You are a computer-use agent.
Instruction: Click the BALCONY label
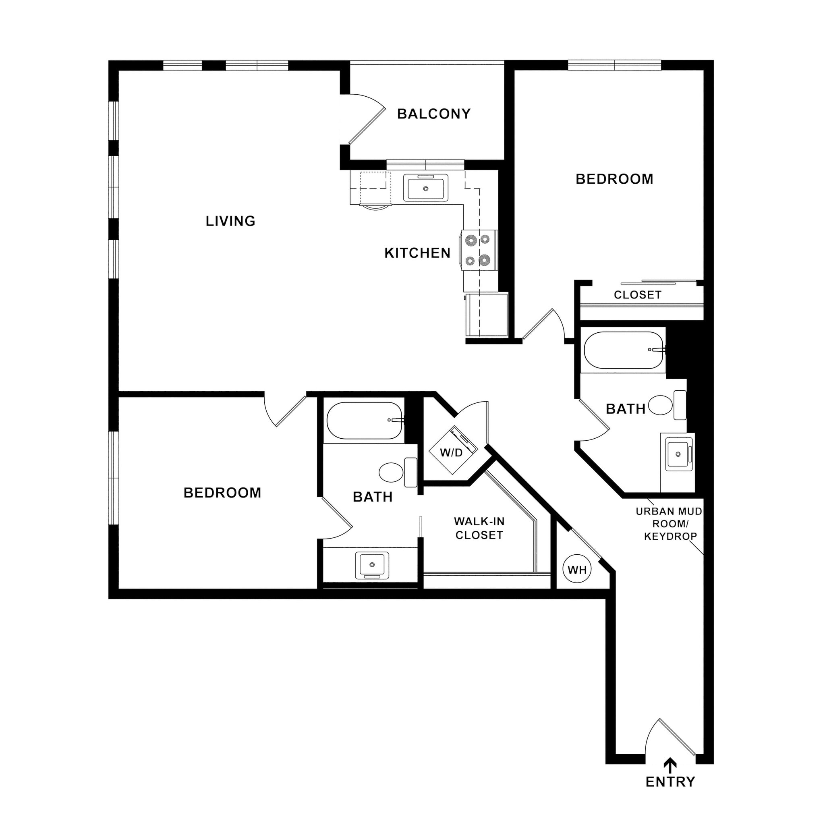[x=434, y=114]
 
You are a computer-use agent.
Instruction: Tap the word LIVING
[x=230, y=221]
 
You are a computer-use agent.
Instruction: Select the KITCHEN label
[x=417, y=253]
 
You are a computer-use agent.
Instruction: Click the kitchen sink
[x=426, y=188]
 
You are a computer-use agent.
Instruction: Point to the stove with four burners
[x=478, y=250]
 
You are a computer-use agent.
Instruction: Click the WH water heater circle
[x=577, y=570]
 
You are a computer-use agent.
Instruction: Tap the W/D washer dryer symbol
[x=452, y=452]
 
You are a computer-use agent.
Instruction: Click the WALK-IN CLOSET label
[x=479, y=528]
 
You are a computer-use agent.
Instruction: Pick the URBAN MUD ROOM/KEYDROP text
[x=670, y=524]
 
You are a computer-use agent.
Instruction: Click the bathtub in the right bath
[x=624, y=350]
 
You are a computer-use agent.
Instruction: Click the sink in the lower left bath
[x=372, y=565]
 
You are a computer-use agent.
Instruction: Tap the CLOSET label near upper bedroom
[x=638, y=295]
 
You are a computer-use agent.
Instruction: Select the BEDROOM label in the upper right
[x=614, y=179]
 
